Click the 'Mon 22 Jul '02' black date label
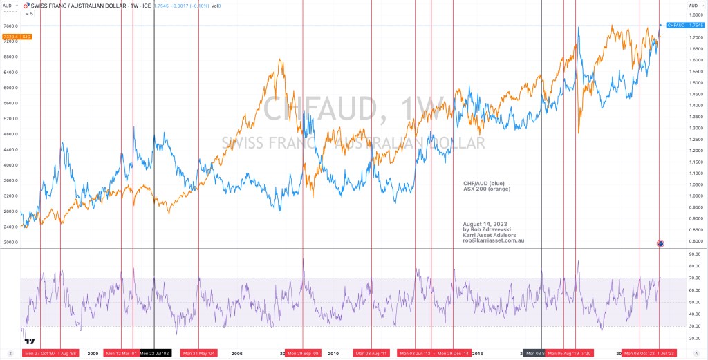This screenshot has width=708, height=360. [155, 353]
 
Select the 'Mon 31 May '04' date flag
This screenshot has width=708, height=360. [199, 353]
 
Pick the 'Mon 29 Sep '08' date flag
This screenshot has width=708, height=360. [303, 353]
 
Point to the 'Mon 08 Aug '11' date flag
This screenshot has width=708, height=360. [372, 353]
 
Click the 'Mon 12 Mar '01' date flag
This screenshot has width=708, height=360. [120, 353]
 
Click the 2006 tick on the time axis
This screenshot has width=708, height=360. [237, 353]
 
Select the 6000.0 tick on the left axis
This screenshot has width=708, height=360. [10, 88]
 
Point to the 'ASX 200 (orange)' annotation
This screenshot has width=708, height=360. [487, 189]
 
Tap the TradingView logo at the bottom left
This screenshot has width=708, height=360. [30, 341]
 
